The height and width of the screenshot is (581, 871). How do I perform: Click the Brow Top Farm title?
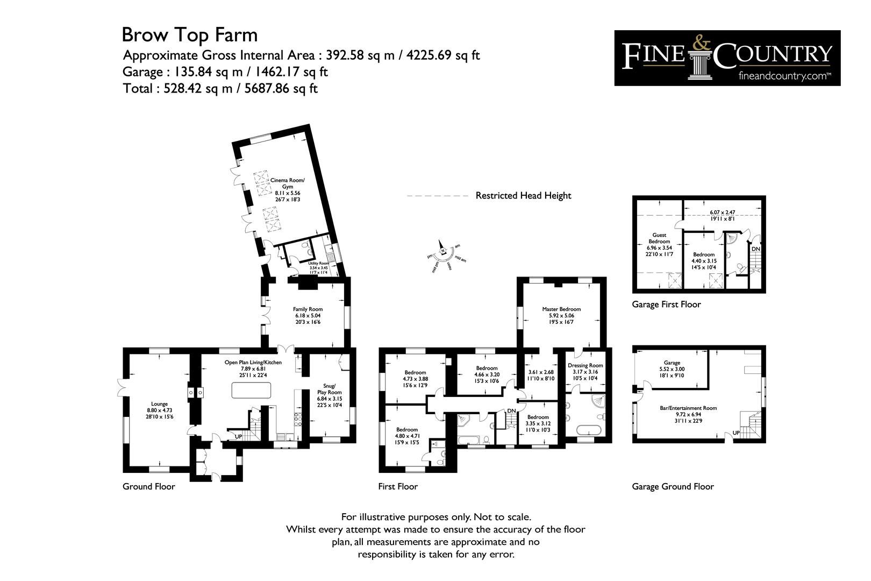[x=189, y=35]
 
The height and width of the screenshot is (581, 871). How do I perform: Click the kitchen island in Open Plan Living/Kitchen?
[x=251, y=390]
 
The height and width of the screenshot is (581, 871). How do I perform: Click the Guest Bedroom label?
[x=659, y=245]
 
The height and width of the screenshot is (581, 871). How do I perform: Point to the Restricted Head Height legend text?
[x=523, y=196]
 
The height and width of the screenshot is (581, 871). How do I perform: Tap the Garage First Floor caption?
[x=666, y=304]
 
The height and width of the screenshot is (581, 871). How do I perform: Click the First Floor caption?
[x=398, y=487]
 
